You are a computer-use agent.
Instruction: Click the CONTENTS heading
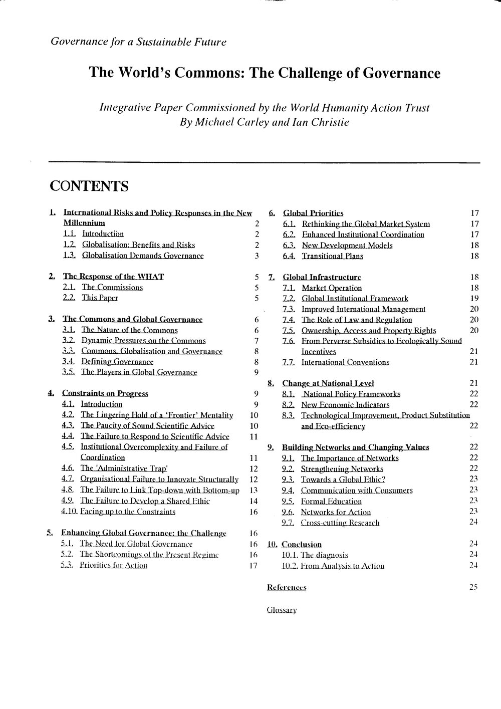tap(89, 186)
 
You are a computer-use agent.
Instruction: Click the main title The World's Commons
tap(265, 73)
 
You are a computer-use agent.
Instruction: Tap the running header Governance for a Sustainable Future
tap(139, 42)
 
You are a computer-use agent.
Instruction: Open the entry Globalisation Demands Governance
tap(143, 256)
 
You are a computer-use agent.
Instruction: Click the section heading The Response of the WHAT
tap(113, 277)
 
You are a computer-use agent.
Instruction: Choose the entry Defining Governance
tap(117, 362)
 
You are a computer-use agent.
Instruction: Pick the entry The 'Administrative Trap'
tap(127, 468)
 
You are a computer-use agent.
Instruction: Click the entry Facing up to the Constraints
tap(128, 512)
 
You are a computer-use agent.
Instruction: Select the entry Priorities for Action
tap(114, 565)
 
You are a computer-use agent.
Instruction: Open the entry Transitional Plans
tap(332, 256)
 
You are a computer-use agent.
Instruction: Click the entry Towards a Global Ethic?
tap(343, 480)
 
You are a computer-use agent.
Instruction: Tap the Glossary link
tap(282, 610)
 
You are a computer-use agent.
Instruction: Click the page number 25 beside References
tap(473, 587)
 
